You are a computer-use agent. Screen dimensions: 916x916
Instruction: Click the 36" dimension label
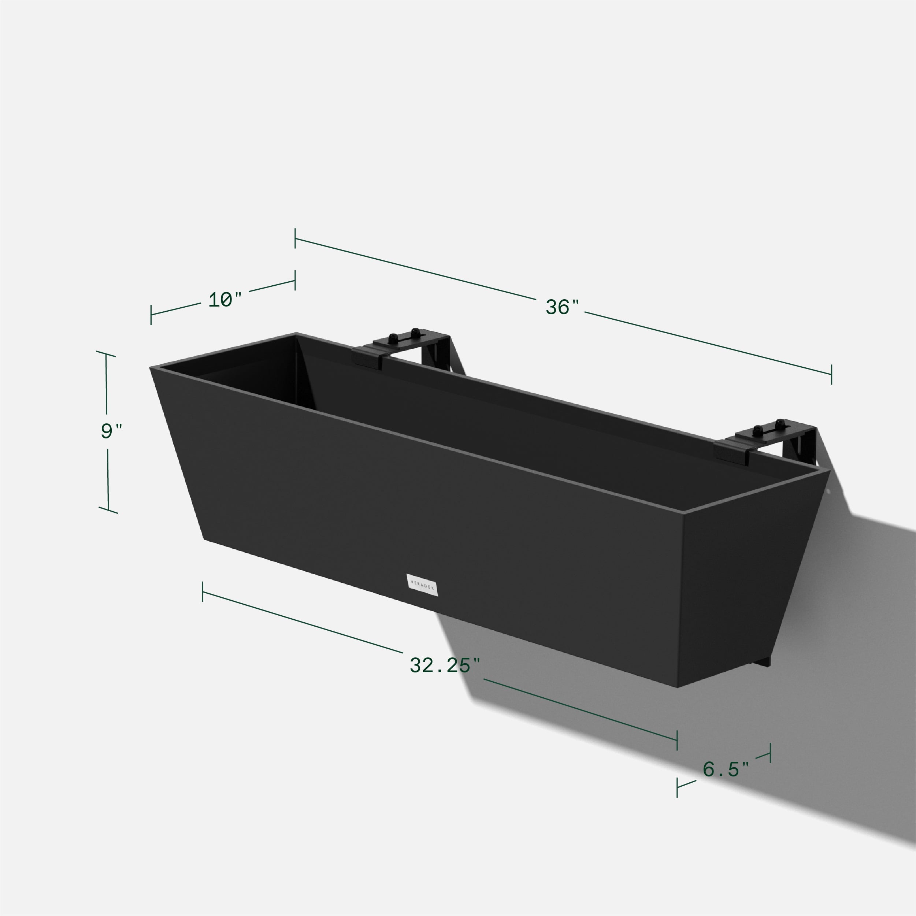coord(562,307)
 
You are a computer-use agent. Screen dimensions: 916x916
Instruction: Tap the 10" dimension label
coord(225,300)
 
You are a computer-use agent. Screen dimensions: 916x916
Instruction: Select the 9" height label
coord(111,431)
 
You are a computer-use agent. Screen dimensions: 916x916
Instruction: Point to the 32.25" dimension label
coord(445,665)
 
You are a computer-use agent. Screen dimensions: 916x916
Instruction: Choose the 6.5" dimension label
coord(726,769)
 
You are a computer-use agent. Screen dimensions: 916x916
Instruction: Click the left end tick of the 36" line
coord(295,238)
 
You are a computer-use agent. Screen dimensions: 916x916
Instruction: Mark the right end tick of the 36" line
coord(831,374)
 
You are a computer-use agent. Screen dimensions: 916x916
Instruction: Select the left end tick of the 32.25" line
coord(203,591)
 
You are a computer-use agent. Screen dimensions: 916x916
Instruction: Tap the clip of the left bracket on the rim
coord(367,358)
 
